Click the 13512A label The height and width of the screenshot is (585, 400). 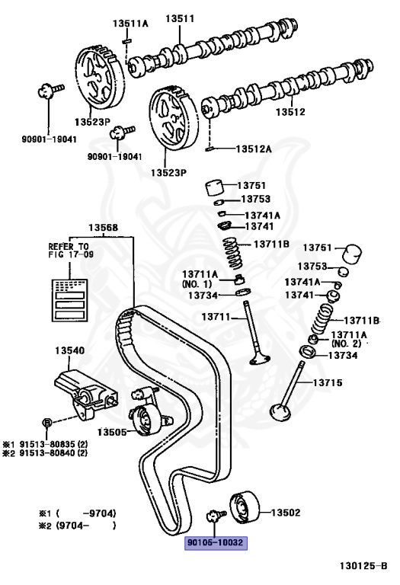coord(253,149)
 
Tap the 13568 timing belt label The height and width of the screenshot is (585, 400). coord(103,228)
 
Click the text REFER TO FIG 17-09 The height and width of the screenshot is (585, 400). coord(69,251)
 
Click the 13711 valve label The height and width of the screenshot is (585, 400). coord(216,316)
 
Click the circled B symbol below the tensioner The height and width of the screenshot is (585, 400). coord(46,422)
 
